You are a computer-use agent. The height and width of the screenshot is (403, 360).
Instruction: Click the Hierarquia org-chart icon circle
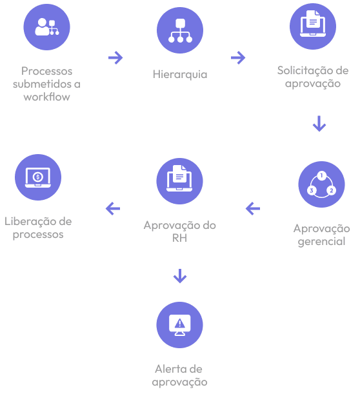[180, 30]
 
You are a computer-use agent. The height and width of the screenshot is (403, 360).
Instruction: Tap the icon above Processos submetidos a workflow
[47, 27]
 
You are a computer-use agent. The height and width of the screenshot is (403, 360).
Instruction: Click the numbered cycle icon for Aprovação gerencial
[321, 184]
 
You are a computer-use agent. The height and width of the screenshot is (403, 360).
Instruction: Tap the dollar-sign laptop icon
[38, 177]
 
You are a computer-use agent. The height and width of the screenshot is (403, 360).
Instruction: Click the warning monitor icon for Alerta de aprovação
[179, 325]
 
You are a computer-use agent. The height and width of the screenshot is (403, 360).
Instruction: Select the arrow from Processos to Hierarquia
[115, 57]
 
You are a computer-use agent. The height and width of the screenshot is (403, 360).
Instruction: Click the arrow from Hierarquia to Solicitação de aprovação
[238, 57]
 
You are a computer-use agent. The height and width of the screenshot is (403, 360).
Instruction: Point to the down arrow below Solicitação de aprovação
[319, 124]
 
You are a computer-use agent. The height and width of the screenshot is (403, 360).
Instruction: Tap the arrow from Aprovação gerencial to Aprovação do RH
[253, 208]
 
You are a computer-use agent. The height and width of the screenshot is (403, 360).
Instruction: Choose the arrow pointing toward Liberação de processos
[113, 208]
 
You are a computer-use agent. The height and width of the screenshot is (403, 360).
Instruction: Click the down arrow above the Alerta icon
[180, 276]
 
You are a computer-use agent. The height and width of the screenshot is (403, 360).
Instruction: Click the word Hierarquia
[180, 74]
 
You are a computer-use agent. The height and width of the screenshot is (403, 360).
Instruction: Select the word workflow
[47, 97]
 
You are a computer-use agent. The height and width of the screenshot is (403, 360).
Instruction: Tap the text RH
[179, 238]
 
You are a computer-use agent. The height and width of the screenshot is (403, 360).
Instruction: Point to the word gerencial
[321, 242]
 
